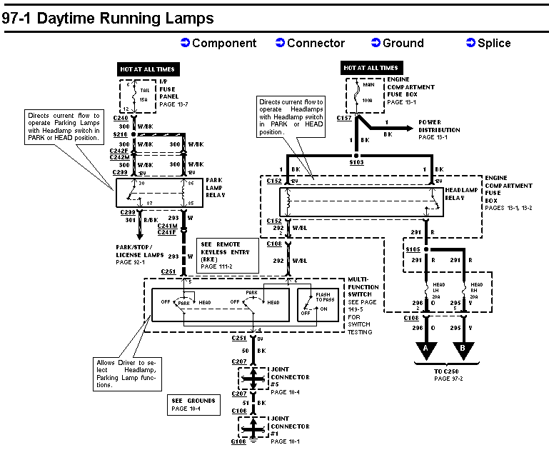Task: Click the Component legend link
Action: pos(218,44)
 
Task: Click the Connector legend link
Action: pos(310,44)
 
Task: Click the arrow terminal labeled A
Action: pos(426,348)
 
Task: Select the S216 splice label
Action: pos(119,134)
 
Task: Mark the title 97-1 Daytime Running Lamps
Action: pos(107,19)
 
